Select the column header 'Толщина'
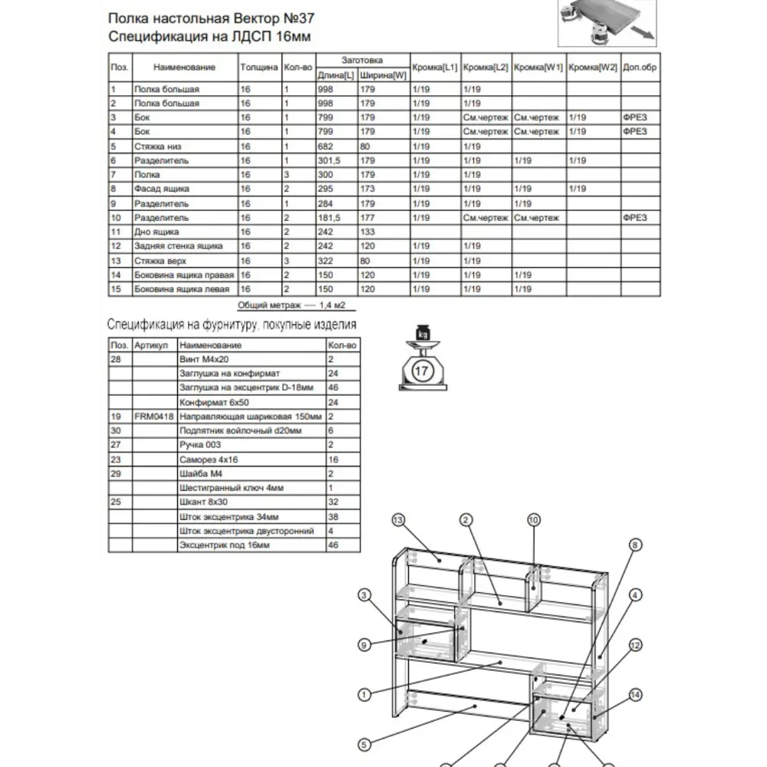point(258,67)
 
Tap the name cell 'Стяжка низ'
point(157,146)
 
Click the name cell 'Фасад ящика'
point(161,189)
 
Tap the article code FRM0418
point(154,416)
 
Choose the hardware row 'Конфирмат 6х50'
point(214,402)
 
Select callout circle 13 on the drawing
point(397,520)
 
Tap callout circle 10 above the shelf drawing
point(534,519)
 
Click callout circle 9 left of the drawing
point(365,644)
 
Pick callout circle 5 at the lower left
point(365,743)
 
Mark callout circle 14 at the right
point(635,695)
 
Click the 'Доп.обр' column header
point(640,67)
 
